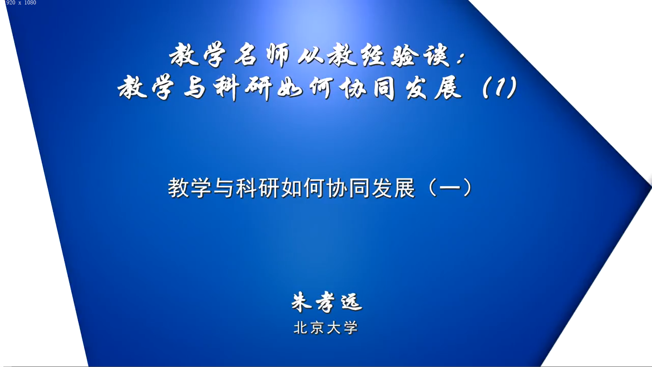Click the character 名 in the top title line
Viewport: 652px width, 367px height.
[245, 55]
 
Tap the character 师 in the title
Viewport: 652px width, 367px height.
[278, 55]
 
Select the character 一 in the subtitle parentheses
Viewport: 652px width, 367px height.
[450, 188]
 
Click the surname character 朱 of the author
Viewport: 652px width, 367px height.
[302, 302]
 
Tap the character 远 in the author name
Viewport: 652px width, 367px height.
[352, 302]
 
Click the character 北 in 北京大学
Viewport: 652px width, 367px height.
[301, 328]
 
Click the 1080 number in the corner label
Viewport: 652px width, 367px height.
[30, 3]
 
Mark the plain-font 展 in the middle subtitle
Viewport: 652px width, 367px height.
[404, 188]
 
